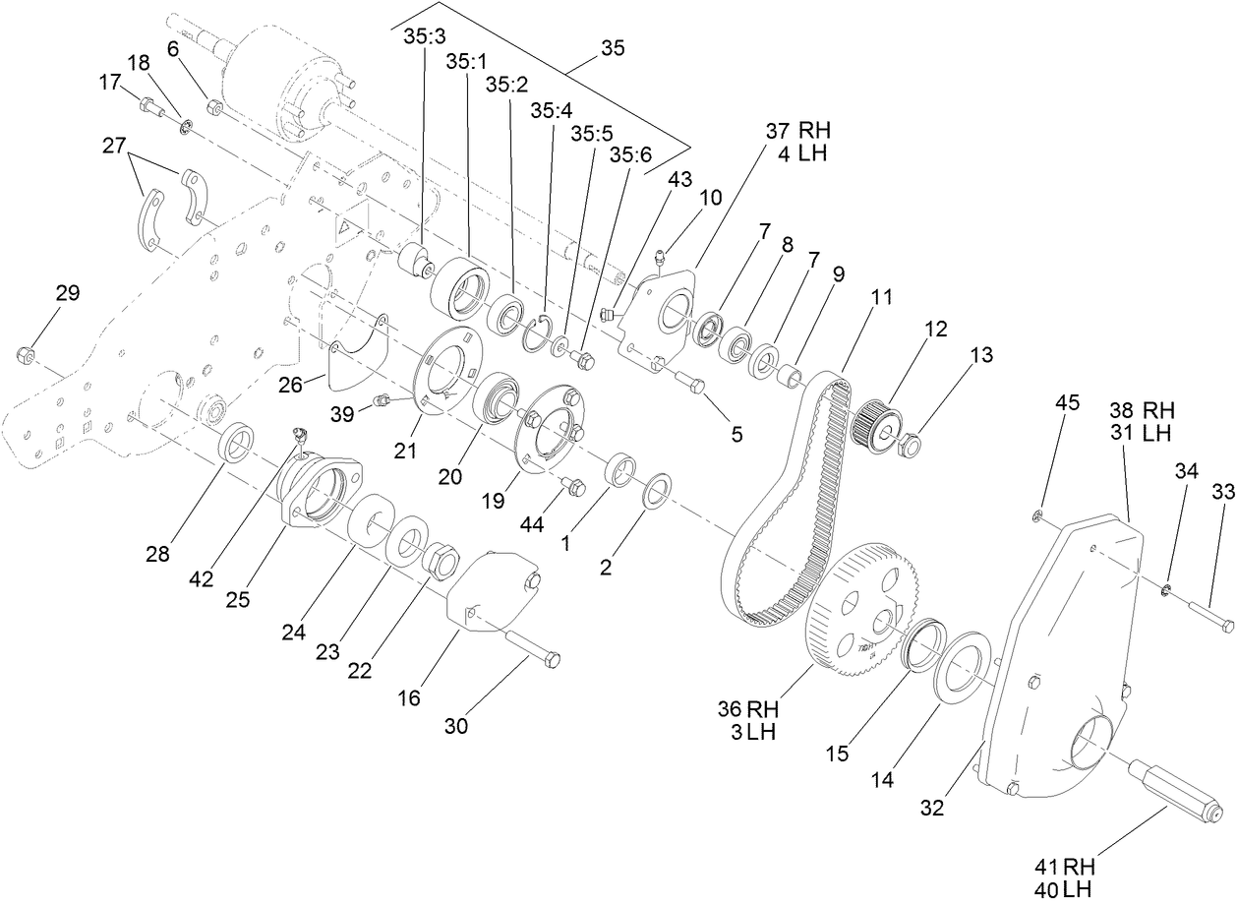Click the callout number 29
68,293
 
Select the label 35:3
424,35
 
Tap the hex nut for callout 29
28,354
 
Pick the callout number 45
1068,402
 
